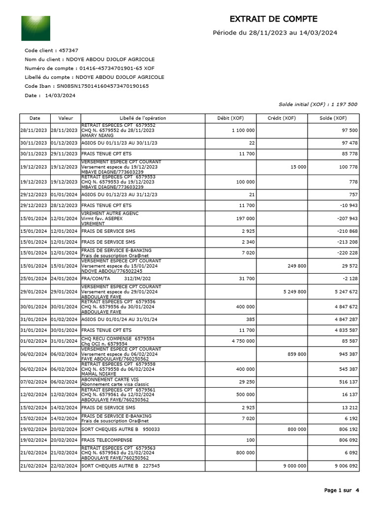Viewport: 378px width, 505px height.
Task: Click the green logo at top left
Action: pyautogui.click(x=35, y=28)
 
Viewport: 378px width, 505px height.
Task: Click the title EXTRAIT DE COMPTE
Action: pyautogui.click(x=274, y=19)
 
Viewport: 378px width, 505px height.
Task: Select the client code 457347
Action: pyautogui.click(x=68, y=50)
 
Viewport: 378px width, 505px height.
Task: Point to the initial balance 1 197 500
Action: pyautogui.click(x=344, y=105)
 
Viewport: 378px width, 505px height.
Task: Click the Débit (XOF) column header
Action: pyautogui.click(x=230, y=118)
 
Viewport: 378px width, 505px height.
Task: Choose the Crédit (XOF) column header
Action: pyautogui.click(x=282, y=118)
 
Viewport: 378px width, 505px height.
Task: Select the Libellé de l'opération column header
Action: pyautogui.click(x=143, y=118)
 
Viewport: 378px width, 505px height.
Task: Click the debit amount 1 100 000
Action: pyautogui.click(x=243, y=130)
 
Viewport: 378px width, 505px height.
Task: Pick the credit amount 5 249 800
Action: pyautogui.click(x=295, y=291)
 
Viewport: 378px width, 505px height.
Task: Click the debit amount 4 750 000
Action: pyautogui.click(x=243, y=341)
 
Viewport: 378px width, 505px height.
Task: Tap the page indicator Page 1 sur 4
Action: pyautogui.click(x=342, y=490)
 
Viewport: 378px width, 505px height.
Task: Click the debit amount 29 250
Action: pyautogui.click(x=246, y=382)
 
